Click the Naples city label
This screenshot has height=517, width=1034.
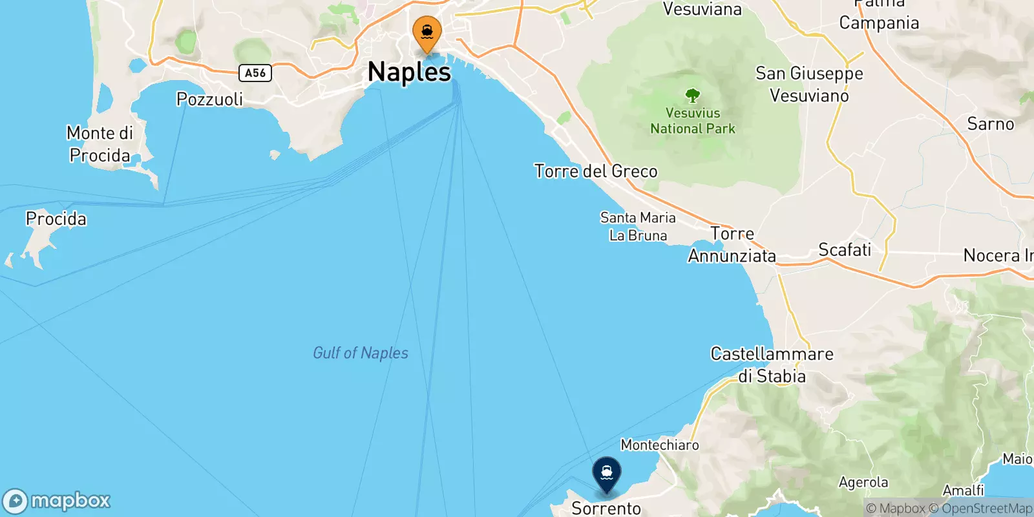pyautogui.click(x=409, y=72)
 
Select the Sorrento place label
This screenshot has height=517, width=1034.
pyautogui.click(x=606, y=509)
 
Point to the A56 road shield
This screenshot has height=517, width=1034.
pyautogui.click(x=255, y=73)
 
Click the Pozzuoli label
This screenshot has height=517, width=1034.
pyautogui.click(x=209, y=99)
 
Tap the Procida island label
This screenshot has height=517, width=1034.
pyautogui.click(x=56, y=219)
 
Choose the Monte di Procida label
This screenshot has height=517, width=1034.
pyautogui.click(x=100, y=144)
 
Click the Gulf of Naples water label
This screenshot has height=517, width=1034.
pyautogui.click(x=361, y=353)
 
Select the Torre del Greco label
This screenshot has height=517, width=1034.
pyautogui.click(x=596, y=171)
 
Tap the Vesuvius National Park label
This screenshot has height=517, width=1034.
pyautogui.click(x=693, y=121)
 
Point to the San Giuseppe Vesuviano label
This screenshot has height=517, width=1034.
pyautogui.click(x=809, y=85)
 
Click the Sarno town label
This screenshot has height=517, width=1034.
pyautogui.click(x=990, y=124)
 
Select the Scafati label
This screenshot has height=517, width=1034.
pyautogui.click(x=845, y=249)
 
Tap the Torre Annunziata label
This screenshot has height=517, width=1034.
pyautogui.click(x=732, y=245)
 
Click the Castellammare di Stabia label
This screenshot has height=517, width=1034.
pyautogui.click(x=772, y=365)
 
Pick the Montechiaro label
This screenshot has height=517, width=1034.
pyautogui.click(x=660, y=445)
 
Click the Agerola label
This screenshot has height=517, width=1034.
pyautogui.click(x=863, y=483)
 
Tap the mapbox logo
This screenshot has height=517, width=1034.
pyautogui.click(x=57, y=501)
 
